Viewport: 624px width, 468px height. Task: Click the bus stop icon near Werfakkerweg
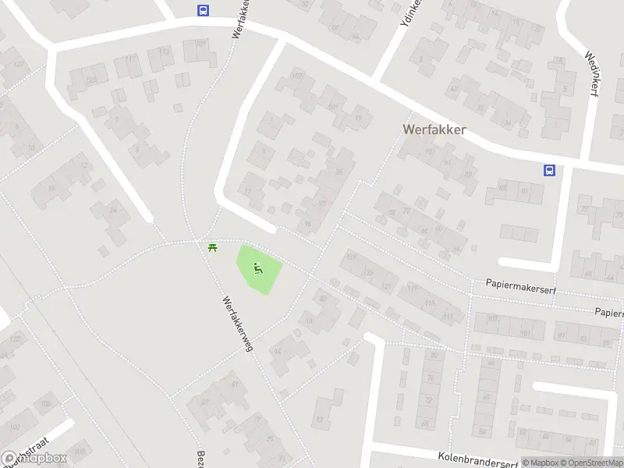(203, 10)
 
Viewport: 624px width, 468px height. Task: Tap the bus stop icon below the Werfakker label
(549, 170)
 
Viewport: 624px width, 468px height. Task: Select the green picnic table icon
(212, 247)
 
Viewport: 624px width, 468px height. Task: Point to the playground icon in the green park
(257, 270)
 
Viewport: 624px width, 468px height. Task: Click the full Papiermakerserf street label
(517, 285)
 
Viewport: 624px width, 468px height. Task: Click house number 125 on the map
(369, 272)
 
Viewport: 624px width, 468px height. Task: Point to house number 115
(429, 303)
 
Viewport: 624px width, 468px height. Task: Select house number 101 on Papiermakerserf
(525, 334)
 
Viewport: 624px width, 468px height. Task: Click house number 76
(430, 378)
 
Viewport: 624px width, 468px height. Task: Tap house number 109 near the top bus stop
(201, 44)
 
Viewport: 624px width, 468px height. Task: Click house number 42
(451, 79)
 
